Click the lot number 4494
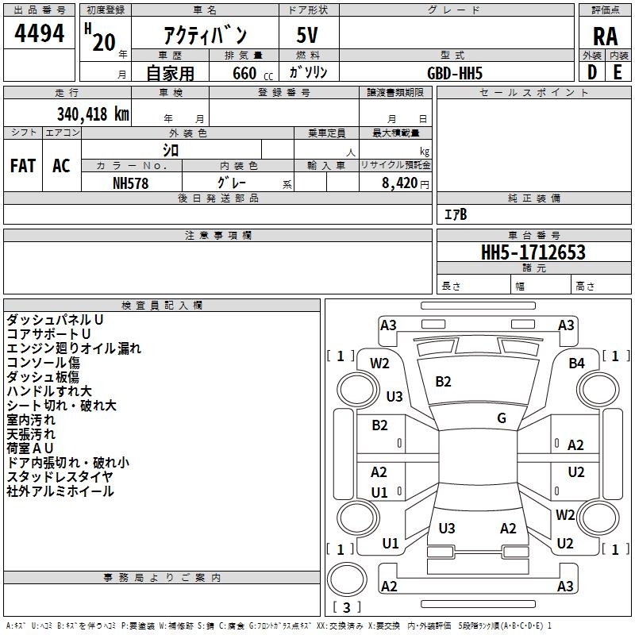tap(39, 33)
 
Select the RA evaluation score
tap(605, 37)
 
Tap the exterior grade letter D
tap(591, 72)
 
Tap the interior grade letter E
tap(618, 72)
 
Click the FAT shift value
tap(22, 166)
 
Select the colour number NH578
tap(131, 183)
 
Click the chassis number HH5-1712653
tap(533, 252)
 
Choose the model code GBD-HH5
tap(455, 73)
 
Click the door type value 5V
tap(308, 37)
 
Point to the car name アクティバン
tap(206, 37)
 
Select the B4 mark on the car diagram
tap(576, 364)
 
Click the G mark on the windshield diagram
tap(502, 418)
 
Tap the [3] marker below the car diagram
tap(346, 608)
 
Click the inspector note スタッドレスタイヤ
tap(60, 477)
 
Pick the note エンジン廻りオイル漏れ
tap(74, 348)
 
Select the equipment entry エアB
tap(456, 214)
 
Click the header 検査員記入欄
tap(162, 306)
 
